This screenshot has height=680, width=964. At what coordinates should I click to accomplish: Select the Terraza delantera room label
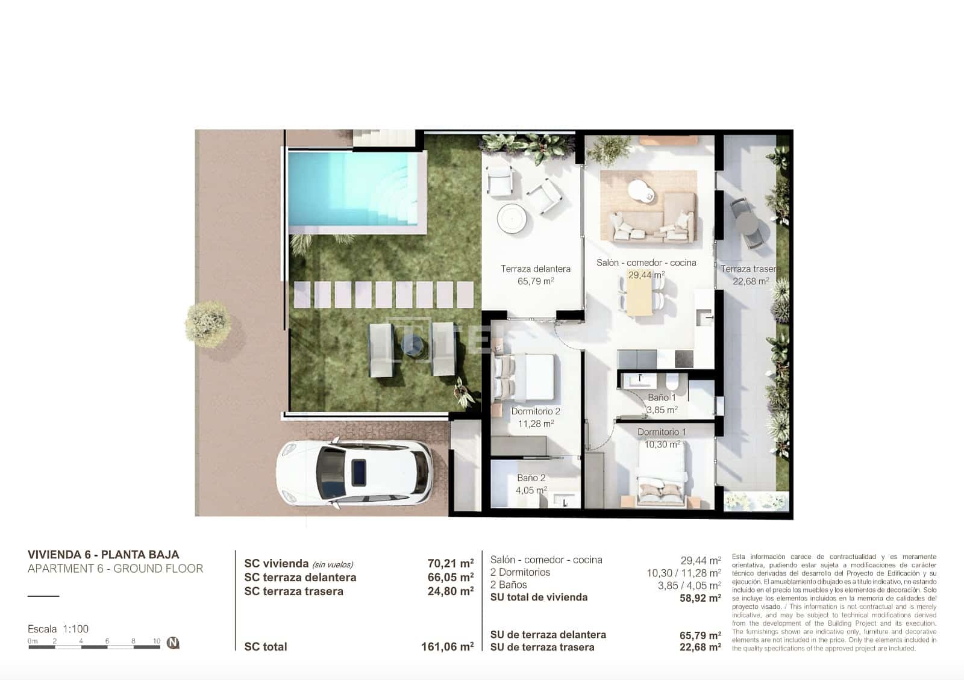pos(535,269)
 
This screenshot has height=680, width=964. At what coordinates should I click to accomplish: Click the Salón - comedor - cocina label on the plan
pos(646,263)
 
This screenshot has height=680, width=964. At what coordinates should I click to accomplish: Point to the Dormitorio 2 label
pos(536,411)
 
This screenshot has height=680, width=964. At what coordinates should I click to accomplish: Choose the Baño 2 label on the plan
pos(531,478)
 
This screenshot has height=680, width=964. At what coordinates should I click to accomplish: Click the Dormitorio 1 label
pos(662,432)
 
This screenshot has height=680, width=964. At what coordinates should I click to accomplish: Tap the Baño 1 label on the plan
pos(662,398)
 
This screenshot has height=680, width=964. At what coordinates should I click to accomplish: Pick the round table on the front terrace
pos(515,218)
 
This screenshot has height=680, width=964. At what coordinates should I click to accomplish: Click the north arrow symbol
pos(173,643)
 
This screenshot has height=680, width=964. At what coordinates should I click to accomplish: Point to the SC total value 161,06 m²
pos(447,647)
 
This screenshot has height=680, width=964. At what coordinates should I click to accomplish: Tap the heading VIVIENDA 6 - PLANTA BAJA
pos(103,555)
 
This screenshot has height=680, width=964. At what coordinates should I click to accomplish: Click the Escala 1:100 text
pos(58,629)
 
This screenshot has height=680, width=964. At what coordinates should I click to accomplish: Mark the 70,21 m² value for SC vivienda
pos(450,564)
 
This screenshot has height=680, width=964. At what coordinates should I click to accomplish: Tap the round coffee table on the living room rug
pos(640,192)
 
